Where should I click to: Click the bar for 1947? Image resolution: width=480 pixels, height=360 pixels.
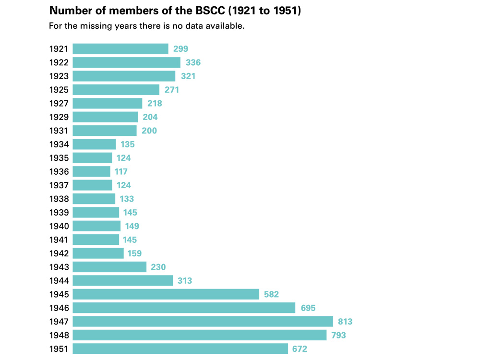click(x=203, y=322)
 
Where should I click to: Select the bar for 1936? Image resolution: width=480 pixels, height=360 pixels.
click(x=91, y=171)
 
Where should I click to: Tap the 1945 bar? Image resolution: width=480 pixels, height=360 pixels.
click(x=166, y=294)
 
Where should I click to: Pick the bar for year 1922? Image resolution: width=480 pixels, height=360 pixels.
click(x=126, y=62)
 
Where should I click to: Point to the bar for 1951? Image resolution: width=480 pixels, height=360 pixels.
click(x=180, y=349)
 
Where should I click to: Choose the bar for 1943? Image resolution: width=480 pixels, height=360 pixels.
click(x=109, y=267)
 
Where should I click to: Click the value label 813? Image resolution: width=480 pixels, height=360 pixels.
click(x=345, y=322)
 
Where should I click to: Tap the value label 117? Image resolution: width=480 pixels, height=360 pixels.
click(x=121, y=171)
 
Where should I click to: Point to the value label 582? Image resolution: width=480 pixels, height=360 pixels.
click(x=271, y=294)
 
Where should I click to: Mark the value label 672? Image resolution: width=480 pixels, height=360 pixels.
click(x=300, y=349)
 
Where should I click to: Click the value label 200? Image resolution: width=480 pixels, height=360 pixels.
click(x=149, y=131)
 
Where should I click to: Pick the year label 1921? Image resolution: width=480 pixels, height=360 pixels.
click(x=59, y=49)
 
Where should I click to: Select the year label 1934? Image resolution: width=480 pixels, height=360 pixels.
click(x=59, y=144)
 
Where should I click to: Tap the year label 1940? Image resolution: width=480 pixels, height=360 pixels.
click(x=59, y=226)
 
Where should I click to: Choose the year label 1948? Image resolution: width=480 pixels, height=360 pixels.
click(x=59, y=335)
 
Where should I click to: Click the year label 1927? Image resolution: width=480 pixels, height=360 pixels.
click(x=59, y=103)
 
